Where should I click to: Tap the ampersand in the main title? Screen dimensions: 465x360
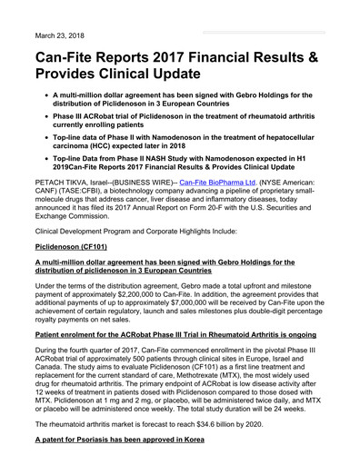coord(321,56)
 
